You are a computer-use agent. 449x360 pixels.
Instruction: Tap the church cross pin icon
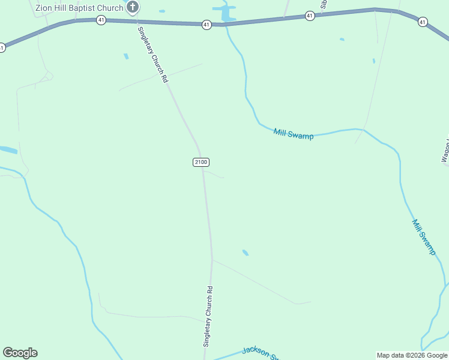pos(133,7)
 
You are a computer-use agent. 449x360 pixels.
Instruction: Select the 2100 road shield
pos(201,162)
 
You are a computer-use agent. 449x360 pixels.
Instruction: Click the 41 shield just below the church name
pos(101,20)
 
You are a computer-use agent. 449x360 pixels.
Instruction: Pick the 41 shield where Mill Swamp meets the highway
pos(206,25)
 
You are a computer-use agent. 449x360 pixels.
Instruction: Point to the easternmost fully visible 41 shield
pos(423,22)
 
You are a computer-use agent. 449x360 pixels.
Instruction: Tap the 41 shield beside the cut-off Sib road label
pos(310,16)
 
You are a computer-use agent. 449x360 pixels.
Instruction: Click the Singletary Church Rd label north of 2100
pos(152,55)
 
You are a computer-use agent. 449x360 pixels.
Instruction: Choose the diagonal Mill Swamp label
pos(424,237)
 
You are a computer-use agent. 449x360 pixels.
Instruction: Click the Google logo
pos(20,353)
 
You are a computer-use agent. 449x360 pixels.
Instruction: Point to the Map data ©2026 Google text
pos(412,355)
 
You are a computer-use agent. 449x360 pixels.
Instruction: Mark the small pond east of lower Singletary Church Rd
pos(245,253)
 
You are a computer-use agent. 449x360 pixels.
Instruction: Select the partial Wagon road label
pos(445,151)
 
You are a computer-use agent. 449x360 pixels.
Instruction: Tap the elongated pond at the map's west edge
pos(8,149)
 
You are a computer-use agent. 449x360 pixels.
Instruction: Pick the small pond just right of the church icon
pos(162,11)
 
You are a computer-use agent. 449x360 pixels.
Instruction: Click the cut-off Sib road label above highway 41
pos(323,5)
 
